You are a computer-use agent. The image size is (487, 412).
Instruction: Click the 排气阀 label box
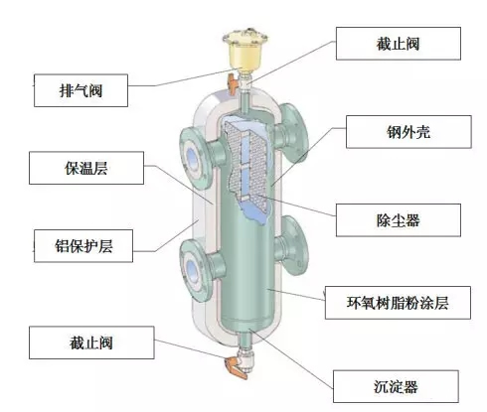(81, 90)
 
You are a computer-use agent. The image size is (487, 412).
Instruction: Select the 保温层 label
(86, 168)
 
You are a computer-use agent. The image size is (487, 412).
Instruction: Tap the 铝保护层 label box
(83, 246)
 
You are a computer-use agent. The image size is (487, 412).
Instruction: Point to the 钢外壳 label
(408, 132)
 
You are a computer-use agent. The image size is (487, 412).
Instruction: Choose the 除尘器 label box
(399, 220)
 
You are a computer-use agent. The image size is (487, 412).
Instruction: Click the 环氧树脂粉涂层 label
(398, 303)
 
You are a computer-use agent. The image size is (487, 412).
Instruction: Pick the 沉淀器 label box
(396, 386)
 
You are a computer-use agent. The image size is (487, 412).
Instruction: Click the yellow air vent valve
(245, 50)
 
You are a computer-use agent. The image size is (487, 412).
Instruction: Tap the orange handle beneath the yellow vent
(233, 83)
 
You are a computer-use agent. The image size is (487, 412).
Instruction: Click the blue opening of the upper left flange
(192, 156)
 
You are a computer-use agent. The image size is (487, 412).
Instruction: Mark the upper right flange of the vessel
(292, 132)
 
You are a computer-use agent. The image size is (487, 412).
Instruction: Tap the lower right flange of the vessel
(292, 245)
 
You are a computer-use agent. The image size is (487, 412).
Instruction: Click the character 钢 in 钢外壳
(394, 132)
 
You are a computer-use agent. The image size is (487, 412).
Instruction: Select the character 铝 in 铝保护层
(62, 246)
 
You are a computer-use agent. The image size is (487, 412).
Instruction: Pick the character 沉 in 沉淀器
(382, 387)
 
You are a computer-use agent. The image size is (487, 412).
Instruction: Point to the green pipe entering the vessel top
(245, 102)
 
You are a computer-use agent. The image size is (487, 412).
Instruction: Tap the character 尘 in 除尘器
(399, 220)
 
